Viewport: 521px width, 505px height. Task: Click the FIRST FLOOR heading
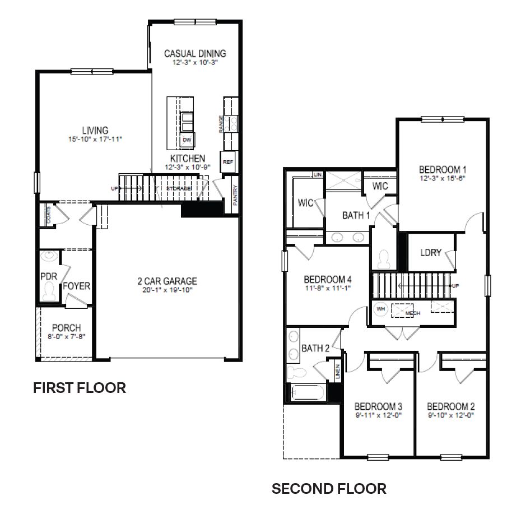click(x=80, y=387)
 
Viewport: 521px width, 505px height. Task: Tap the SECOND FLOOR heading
click(x=329, y=489)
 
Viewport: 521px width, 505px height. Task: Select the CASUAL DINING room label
click(x=195, y=54)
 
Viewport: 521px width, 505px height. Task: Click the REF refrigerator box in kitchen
click(x=227, y=161)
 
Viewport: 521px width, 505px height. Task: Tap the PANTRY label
click(x=235, y=195)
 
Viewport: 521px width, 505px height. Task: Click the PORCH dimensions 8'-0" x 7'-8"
click(x=67, y=336)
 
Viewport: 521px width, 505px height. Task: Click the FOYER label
click(x=77, y=286)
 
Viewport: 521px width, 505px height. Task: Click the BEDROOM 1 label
click(x=443, y=169)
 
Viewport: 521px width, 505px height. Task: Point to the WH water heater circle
click(x=381, y=309)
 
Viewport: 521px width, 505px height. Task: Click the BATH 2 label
click(x=315, y=349)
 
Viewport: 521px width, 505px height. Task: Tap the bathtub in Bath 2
click(x=307, y=392)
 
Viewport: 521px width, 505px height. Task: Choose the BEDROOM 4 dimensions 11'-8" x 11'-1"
click(x=328, y=289)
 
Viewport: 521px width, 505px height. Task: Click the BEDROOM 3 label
click(x=378, y=406)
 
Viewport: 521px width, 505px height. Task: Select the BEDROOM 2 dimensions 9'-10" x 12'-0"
click(x=450, y=415)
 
